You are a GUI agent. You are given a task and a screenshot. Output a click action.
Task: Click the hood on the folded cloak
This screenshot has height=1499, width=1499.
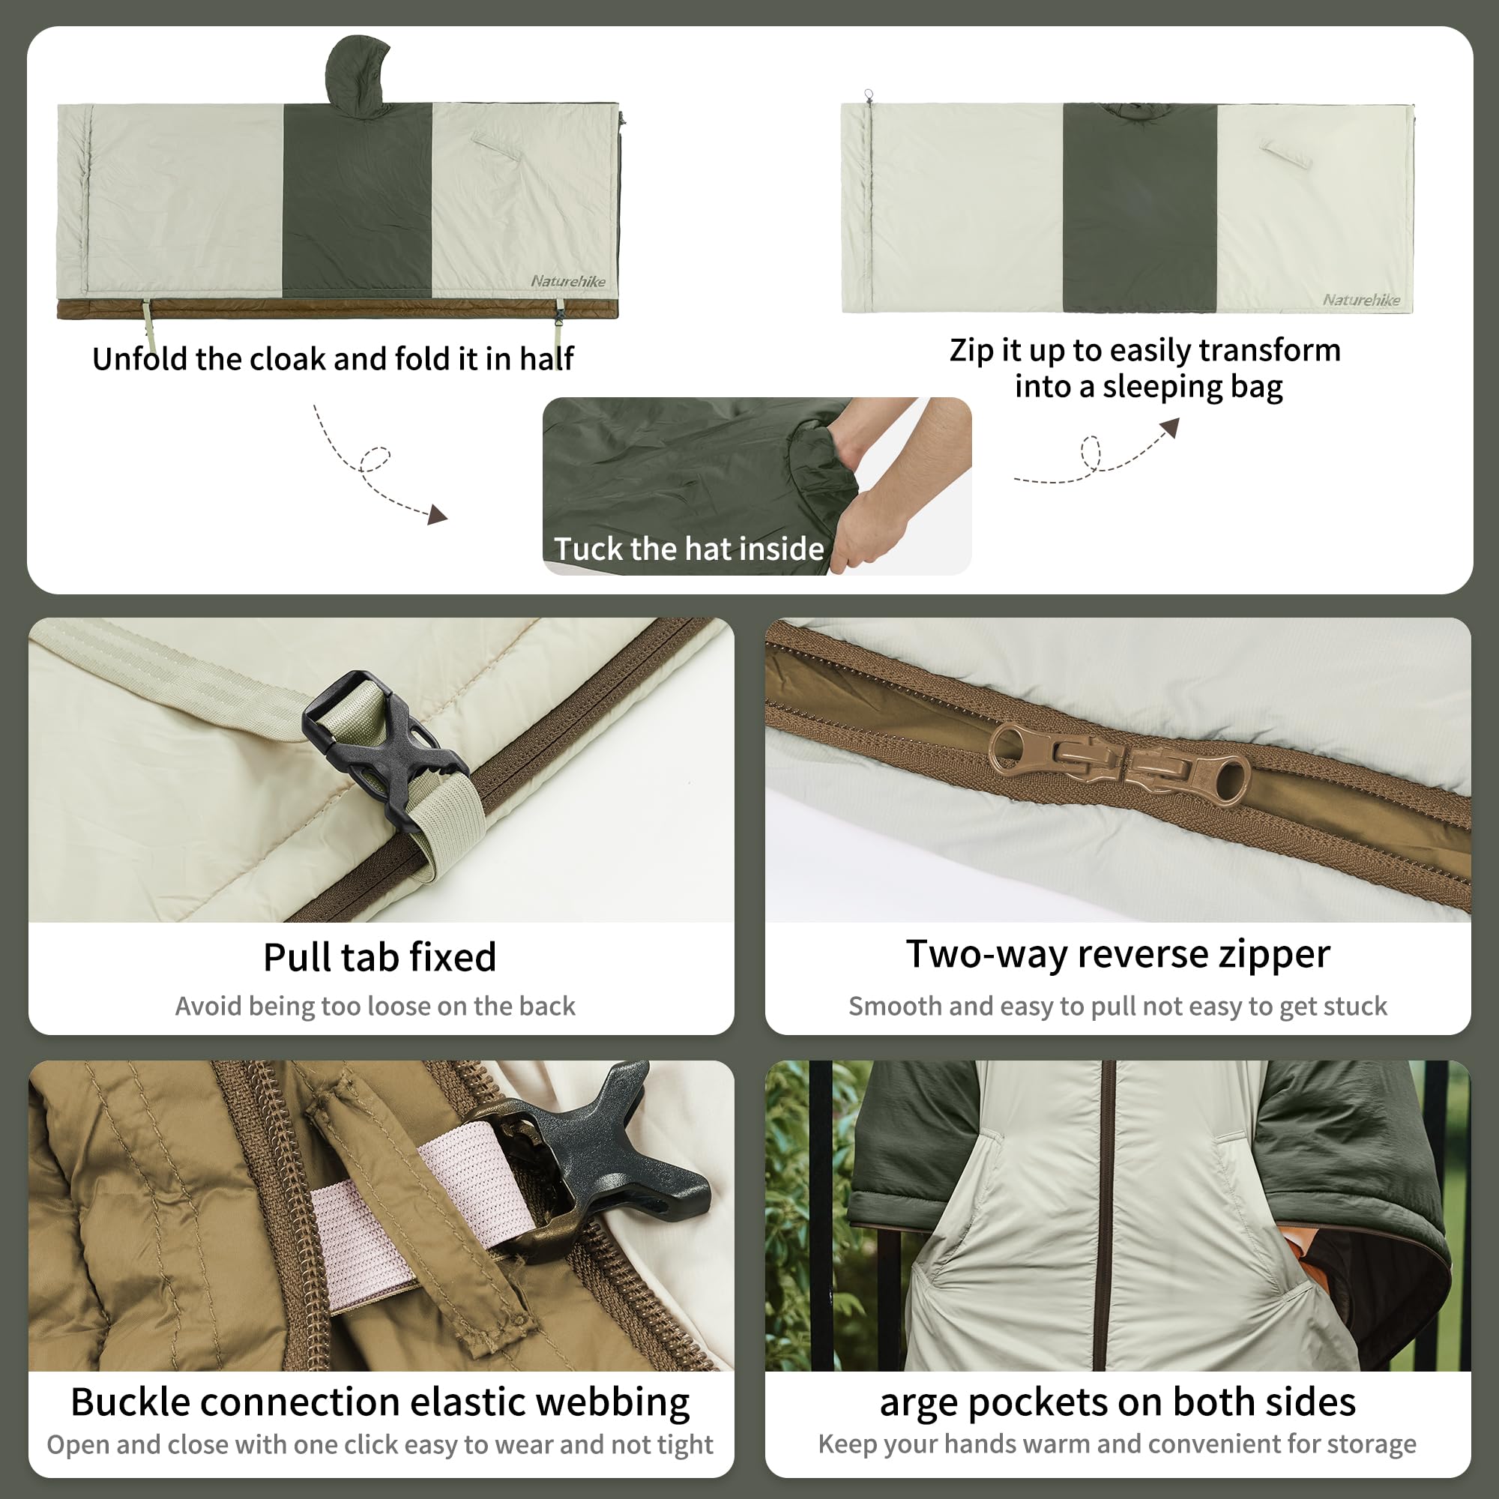355,73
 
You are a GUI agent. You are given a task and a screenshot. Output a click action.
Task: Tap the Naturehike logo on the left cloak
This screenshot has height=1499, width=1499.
568,281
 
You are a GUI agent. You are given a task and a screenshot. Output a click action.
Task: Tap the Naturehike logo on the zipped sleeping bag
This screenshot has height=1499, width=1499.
1361,300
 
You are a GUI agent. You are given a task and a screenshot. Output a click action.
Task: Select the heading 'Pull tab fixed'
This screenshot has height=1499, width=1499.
379,956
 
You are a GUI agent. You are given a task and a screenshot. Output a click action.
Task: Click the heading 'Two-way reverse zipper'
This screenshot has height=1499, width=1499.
1118,953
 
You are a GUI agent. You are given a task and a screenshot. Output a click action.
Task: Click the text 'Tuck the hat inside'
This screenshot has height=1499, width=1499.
688,549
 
